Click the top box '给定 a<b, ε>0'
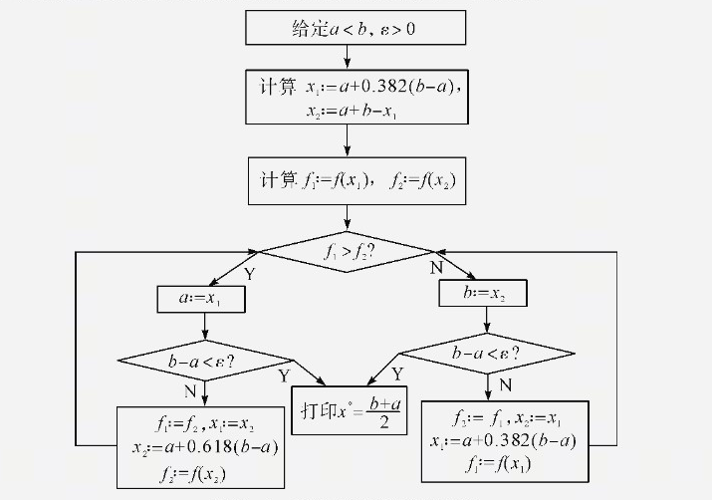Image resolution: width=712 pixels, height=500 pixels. coord(355,28)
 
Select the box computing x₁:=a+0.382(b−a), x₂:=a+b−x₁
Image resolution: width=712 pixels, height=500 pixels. coord(356,97)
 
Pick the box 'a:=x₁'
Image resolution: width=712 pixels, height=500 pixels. coord(203,298)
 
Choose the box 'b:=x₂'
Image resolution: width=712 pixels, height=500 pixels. coord(483,293)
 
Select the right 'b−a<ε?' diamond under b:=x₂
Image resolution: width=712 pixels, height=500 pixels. coord(486,352)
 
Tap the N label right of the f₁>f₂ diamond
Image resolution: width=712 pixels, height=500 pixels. coord(435,268)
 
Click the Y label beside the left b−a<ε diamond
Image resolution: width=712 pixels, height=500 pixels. coord(284,375)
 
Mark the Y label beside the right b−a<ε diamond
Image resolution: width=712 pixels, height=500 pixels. coord(397,375)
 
